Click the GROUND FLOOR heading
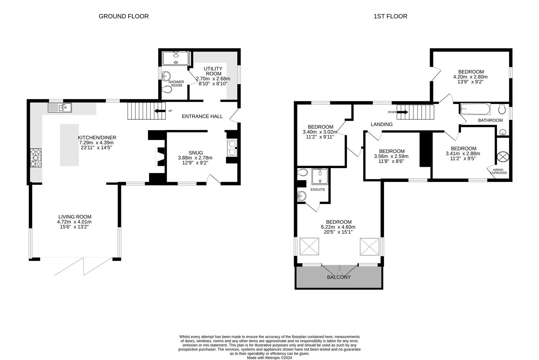pyautogui.click(x=124, y=16)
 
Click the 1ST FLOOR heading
pyautogui.click(x=390, y=16)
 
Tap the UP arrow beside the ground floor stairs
pyautogui.click(x=160, y=111)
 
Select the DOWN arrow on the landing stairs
pyautogui.click(x=403, y=112)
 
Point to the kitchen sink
pyautogui.click(x=60, y=108)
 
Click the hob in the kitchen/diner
pyautogui.click(x=36, y=158)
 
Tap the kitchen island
pyautogui.click(x=69, y=145)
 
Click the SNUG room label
pyautogui.click(x=196, y=153)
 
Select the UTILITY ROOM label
pyautogui.click(x=213, y=71)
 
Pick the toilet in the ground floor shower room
pyautogui.click(x=167, y=90)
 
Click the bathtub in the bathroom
pyautogui.click(x=475, y=109)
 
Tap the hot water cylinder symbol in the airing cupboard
pyautogui.click(x=503, y=157)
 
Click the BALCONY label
pyautogui.click(x=339, y=277)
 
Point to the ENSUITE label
pyautogui.click(x=318, y=190)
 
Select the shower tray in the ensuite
pyautogui.click(x=320, y=177)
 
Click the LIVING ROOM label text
pyautogui.click(x=75, y=217)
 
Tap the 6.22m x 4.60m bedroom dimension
pyautogui.click(x=338, y=227)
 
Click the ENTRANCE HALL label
pyautogui.click(x=202, y=116)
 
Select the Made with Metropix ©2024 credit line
pyautogui.click(x=269, y=358)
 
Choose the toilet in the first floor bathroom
pyautogui.click(x=502, y=109)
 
